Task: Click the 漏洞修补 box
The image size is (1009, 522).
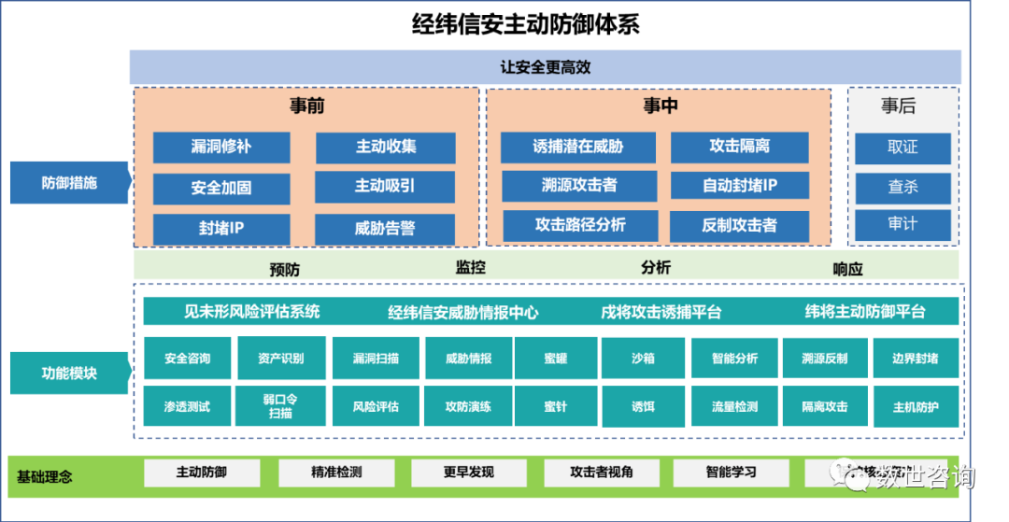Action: pyautogui.click(x=221, y=148)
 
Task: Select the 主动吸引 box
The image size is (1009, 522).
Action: pyautogui.click(x=385, y=187)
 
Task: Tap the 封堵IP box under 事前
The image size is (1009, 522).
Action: pyautogui.click(x=221, y=228)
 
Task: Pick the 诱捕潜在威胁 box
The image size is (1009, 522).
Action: pyautogui.click(x=578, y=148)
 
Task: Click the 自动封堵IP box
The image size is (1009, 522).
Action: pyautogui.click(x=739, y=186)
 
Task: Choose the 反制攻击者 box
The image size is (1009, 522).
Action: pyautogui.click(x=739, y=225)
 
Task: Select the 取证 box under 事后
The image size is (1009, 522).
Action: pyautogui.click(x=902, y=148)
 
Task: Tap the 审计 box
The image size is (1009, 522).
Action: pyautogui.click(x=902, y=224)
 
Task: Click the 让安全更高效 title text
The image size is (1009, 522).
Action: pyautogui.click(x=546, y=68)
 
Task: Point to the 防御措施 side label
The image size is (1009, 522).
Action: pyautogui.click(x=69, y=183)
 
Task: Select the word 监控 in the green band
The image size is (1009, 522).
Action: pyautogui.click(x=471, y=267)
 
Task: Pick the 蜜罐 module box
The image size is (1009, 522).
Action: pyautogui.click(x=556, y=359)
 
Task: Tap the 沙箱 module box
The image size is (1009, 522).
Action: pyautogui.click(x=643, y=359)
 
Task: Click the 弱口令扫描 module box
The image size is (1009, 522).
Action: pyautogui.click(x=280, y=406)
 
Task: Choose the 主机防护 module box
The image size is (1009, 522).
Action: pyautogui.click(x=916, y=407)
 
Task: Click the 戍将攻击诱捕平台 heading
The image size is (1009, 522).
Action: pyautogui.click(x=661, y=312)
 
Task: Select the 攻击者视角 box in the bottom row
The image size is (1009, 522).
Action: pyautogui.click(x=602, y=473)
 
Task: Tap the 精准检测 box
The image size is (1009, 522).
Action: pyautogui.click(x=336, y=473)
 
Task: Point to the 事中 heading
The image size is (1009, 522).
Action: pyautogui.click(x=660, y=106)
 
